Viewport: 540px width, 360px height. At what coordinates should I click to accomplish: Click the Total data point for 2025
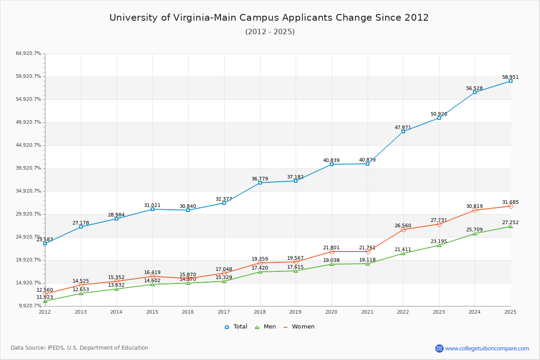(x=511, y=81)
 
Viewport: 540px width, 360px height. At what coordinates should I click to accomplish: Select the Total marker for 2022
(x=403, y=131)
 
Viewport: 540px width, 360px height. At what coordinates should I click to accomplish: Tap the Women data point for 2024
(x=475, y=210)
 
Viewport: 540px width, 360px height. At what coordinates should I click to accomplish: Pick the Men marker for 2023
(x=439, y=245)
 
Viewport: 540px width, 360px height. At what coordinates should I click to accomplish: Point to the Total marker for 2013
(x=81, y=227)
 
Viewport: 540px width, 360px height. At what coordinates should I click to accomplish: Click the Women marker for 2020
(x=332, y=252)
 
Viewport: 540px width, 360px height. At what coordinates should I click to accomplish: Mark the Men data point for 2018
(x=260, y=272)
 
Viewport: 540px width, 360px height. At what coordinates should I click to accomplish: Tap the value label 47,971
(x=403, y=127)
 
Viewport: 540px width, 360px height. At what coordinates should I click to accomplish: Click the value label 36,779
(x=260, y=179)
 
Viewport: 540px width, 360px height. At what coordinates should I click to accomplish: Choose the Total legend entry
(x=236, y=327)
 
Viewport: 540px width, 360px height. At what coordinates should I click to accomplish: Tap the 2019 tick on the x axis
(x=296, y=312)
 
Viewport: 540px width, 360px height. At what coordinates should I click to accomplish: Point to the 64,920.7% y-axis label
(x=28, y=54)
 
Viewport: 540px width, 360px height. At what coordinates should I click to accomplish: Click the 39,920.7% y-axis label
(x=28, y=168)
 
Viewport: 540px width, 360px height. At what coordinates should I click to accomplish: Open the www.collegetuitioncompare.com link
(x=487, y=348)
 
